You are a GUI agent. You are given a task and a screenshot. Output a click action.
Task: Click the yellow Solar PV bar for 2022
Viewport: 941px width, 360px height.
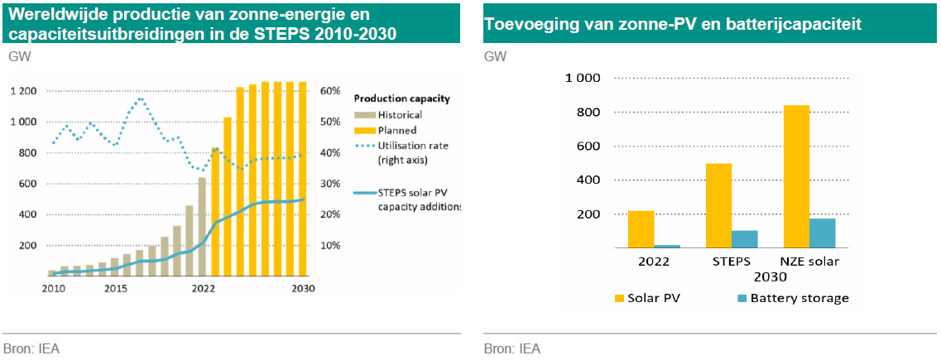click(x=641, y=229)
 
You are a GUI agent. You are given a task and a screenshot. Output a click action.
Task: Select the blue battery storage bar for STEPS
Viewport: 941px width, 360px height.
click(x=745, y=238)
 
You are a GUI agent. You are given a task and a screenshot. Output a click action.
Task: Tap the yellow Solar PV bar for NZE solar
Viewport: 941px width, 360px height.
click(x=796, y=176)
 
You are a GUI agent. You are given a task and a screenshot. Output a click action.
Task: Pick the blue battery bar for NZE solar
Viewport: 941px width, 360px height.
click(x=823, y=233)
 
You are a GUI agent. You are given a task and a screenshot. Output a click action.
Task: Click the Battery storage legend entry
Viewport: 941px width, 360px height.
click(x=799, y=298)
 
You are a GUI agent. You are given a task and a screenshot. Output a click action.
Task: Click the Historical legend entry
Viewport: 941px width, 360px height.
click(x=399, y=114)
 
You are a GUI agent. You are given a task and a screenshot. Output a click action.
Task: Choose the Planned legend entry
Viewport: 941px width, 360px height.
click(x=396, y=130)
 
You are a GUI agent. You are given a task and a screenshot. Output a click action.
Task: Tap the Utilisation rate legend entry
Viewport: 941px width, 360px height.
click(x=413, y=145)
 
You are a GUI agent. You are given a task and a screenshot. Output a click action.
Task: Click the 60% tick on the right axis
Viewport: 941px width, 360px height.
click(x=331, y=91)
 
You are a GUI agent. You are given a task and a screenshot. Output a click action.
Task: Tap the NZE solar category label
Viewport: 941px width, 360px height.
click(x=810, y=262)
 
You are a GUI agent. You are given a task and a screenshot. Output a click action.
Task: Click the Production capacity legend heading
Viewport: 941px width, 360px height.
click(x=401, y=98)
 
